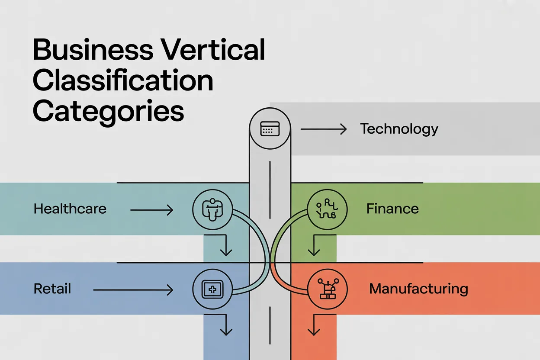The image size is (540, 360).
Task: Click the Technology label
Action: coord(399,129)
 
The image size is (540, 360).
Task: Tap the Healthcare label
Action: coord(70,209)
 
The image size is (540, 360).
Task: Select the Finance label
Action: coord(392,209)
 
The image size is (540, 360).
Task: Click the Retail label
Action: coord(52,289)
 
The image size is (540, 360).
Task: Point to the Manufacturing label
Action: coord(418,289)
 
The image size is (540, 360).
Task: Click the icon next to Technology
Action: coord(270,129)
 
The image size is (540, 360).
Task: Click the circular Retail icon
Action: coord(212,289)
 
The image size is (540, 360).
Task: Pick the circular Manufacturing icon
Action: coord(327,289)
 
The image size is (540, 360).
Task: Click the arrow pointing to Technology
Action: coord(323,129)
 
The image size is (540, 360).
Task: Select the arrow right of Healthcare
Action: coord(151,210)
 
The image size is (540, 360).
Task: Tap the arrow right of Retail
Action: coord(133,289)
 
